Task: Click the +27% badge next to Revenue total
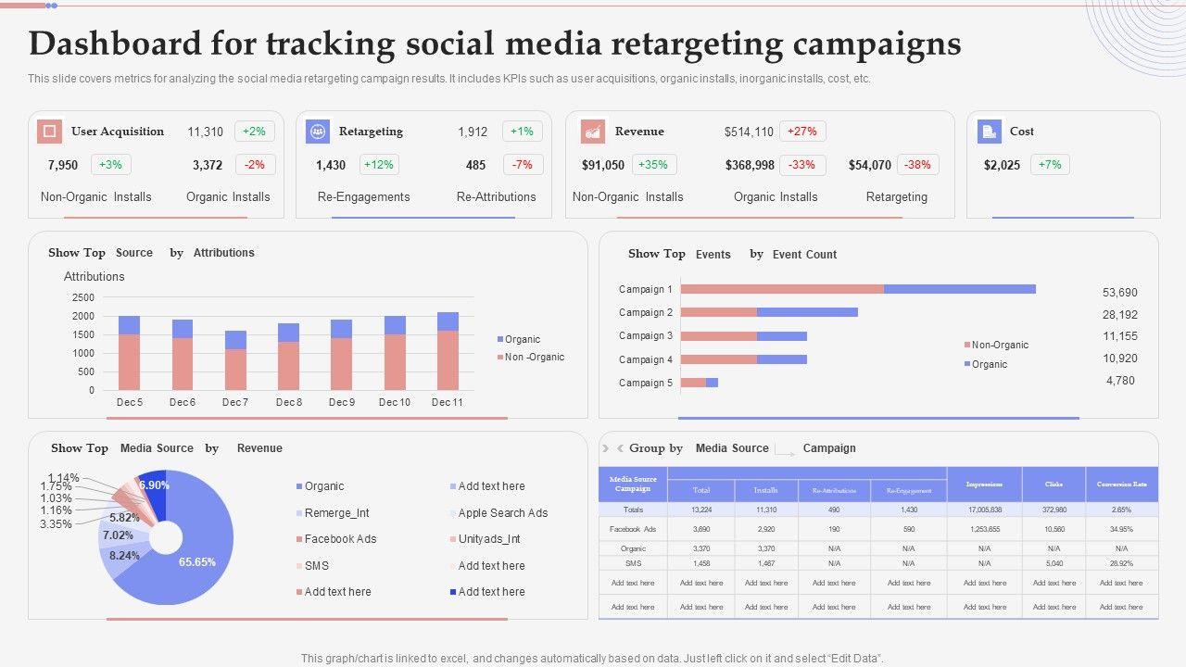[802, 132]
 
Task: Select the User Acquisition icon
[49, 132]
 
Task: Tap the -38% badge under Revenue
[917, 165]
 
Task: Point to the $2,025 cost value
[1002, 165]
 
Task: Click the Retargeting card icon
[318, 132]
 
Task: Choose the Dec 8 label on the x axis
[288, 402]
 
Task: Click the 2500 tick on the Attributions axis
[83, 297]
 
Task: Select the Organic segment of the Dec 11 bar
[448, 321]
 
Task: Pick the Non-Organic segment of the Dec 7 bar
[235, 369]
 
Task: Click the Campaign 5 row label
[646, 383]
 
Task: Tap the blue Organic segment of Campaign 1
[959, 289]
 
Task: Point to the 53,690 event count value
[1119, 293]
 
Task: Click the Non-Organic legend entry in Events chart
[999, 345]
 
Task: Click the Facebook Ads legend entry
[340, 539]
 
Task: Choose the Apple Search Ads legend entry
[502, 513]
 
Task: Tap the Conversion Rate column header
[1121, 485]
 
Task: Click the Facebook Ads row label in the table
[633, 529]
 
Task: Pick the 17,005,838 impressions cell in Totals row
[983, 510]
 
